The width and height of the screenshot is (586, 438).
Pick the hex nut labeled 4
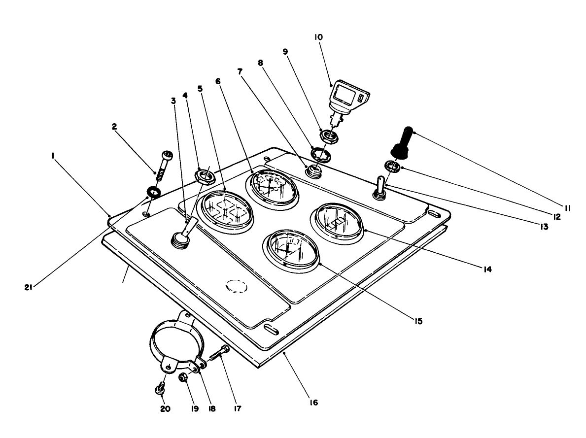click(x=204, y=175)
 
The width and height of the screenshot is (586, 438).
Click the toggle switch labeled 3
click(x=182, y=235)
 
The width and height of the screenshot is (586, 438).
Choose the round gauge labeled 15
click(x=291, y=250)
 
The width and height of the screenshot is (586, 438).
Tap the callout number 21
click(x=28, y=287)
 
